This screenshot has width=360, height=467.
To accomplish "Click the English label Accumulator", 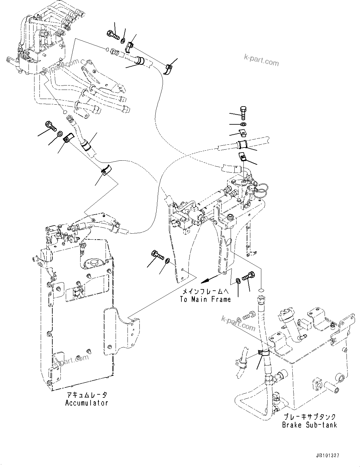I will click(x=86, y=403).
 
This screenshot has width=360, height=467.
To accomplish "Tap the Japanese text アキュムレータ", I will click(x=86, y=395).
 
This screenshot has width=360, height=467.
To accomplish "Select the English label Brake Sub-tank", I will click(x=309, y=425).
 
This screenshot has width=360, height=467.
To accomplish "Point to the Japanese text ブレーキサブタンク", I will click(x=309, y=417).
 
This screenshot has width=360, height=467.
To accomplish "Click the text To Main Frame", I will click(x=205, y=299).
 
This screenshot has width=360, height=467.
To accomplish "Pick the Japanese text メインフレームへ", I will click(x=207, y=291).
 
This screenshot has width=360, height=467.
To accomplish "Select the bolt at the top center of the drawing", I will click(x=113, y=34).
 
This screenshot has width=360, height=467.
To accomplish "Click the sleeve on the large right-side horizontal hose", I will click(x=242, y=144).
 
